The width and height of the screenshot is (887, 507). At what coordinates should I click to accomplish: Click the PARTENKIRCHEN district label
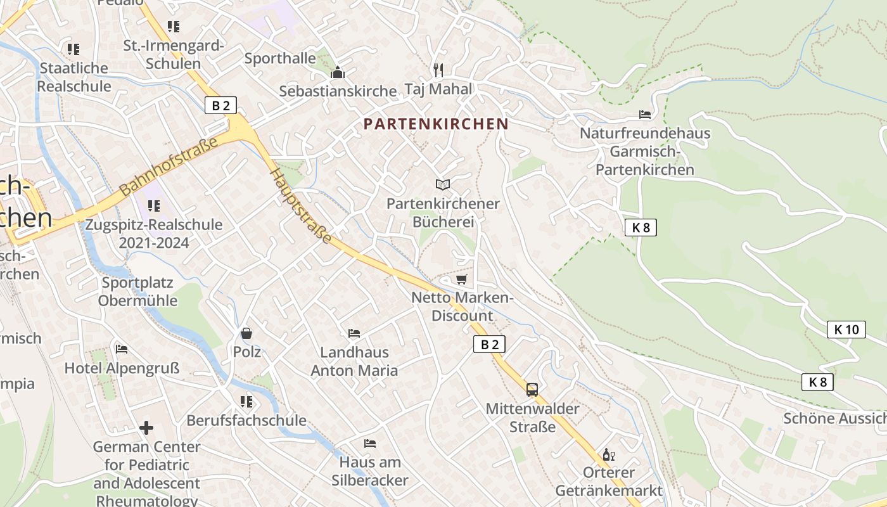coord(437,124)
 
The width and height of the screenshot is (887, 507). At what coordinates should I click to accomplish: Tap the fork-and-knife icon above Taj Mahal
coord(438,68)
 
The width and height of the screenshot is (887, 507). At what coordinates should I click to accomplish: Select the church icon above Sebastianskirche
coord(337,72)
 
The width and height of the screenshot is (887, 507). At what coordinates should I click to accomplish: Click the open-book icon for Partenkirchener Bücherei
coord(442,184)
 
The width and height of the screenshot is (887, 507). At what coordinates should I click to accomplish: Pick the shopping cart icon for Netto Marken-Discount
coord(461,279)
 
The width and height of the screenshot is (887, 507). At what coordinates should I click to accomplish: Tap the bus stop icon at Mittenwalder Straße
coord(532,389)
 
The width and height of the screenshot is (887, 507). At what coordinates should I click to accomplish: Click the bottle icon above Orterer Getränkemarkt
coord(608,454)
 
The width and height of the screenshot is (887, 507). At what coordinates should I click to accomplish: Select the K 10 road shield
coord(846,330)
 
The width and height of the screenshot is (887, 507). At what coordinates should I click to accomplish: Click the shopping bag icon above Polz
coord(246,333)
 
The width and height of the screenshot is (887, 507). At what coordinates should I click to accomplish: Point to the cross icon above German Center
coord(146,428)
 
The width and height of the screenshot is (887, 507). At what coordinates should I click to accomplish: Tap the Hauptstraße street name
coord(302,206)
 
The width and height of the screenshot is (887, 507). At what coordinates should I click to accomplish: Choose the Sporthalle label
coord(280,58)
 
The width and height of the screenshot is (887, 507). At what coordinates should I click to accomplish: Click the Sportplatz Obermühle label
coord(137,292)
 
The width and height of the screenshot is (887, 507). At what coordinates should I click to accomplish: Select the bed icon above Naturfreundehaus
coord(645,115)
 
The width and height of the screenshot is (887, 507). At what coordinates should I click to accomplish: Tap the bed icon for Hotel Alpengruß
coord(122,349)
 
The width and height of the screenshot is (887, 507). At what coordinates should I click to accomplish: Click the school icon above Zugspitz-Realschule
coord(153,205)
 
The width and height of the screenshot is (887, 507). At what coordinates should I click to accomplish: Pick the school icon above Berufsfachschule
coord(246,401)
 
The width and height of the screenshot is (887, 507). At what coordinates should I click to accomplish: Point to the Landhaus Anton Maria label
coord(354,361)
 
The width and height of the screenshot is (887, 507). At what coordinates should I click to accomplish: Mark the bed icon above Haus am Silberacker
coord(370,443)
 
